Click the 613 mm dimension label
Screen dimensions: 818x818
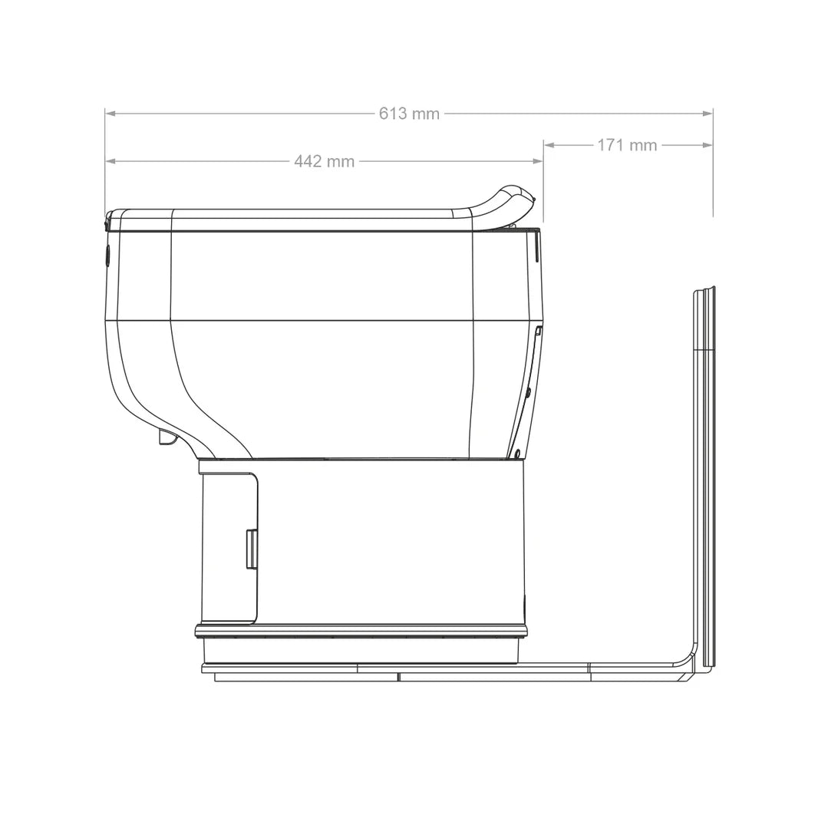pyautogui.click(x=409, y=114)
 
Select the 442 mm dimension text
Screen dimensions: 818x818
pyautogui.click(x=324, y=161)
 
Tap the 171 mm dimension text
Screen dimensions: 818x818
pyautogui.click(x=627, y=145)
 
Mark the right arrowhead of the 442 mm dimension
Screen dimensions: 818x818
pyautogui.click(x=538, y=161)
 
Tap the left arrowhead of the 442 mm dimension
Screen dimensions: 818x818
pyautogui.click(x=110, y=161)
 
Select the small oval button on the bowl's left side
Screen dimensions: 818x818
pyautogui.click(x=107, y=256)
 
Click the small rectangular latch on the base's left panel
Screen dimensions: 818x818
pyautogui.click(x=252, y=549)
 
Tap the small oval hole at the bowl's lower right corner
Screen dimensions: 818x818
pyautogui.click(x=518, y=453)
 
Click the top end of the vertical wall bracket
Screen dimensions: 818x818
pyautogui.click(x=704, y=291)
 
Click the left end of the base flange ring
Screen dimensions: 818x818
pyautogui.click(x=198, y=631)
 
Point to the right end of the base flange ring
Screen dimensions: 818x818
pyautogui.click(x=526, y=631)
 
